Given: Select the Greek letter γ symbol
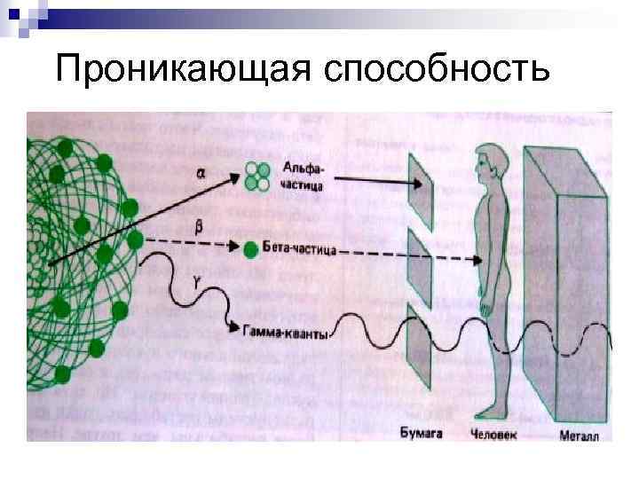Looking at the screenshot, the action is [197, 282].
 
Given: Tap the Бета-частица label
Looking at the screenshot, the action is [301, 251].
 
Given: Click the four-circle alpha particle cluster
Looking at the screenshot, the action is [258, 175].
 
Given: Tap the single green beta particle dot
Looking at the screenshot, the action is [251, 249].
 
